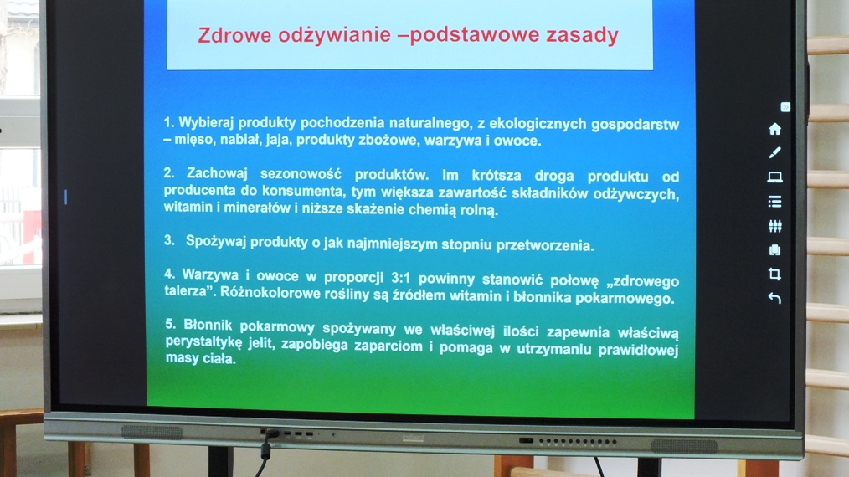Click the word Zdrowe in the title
click(234, 35)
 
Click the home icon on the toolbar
click(774, 129)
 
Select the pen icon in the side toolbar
click(774, 152)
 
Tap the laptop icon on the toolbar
click(774, 177)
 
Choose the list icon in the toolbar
click(774, 202)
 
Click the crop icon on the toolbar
click(774, 274)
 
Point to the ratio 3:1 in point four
click(401, 279)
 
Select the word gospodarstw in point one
click(635, 125)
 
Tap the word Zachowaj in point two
click(217, 173)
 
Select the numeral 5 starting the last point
click(170, 324)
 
